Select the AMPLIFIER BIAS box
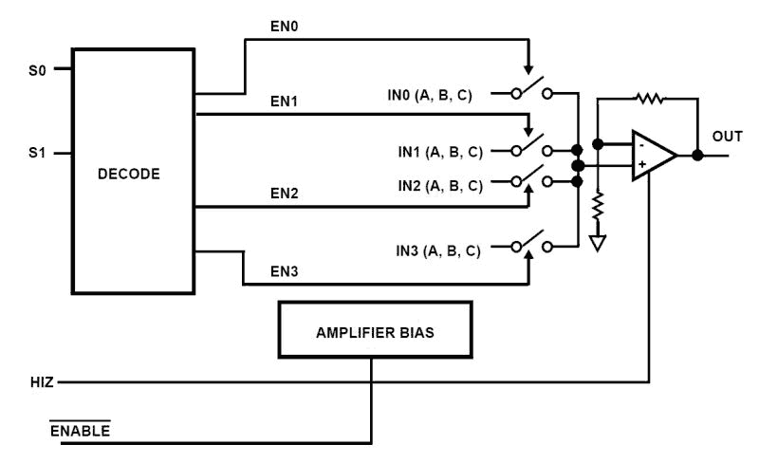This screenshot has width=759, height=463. [x=374, y=334]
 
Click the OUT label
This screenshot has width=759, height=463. [x=728, y=137]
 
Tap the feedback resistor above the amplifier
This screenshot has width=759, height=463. [x=650, y=98]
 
